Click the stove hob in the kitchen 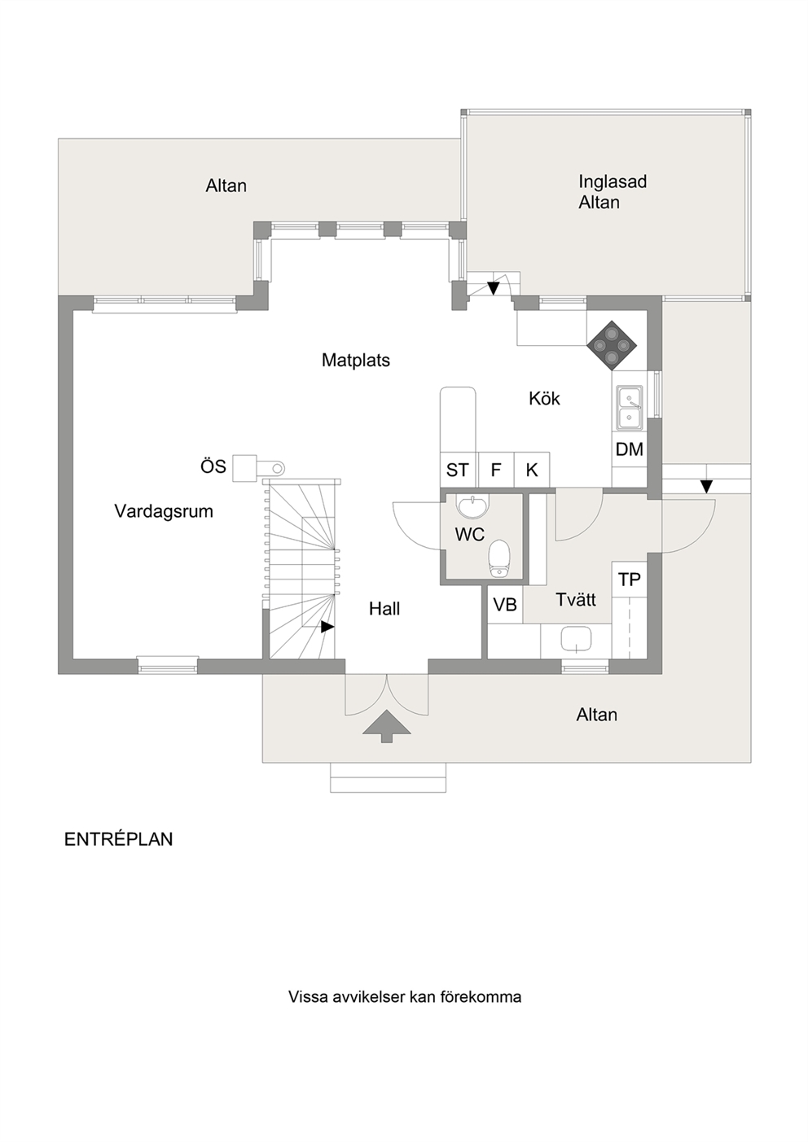coord(612,344)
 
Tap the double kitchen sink coord(630,406)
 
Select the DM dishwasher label coord(630,449)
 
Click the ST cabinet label coord(457,470)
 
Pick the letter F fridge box coord(496,470)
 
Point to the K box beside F coord(532,470)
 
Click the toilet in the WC coord(498,558)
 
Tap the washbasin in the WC coord(473,505)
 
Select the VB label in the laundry coord(505,605)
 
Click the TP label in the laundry coord(629,580)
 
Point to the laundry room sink coord(576,639)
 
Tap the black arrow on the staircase coord(327,627)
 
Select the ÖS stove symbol coord(258,467)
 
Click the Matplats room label coord(356,361)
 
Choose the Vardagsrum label coord(164,511)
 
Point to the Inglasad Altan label coord(613,192)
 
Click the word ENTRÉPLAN coord(118,840)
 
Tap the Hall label coord(384,609)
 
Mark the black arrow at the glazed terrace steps coord(494,289)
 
